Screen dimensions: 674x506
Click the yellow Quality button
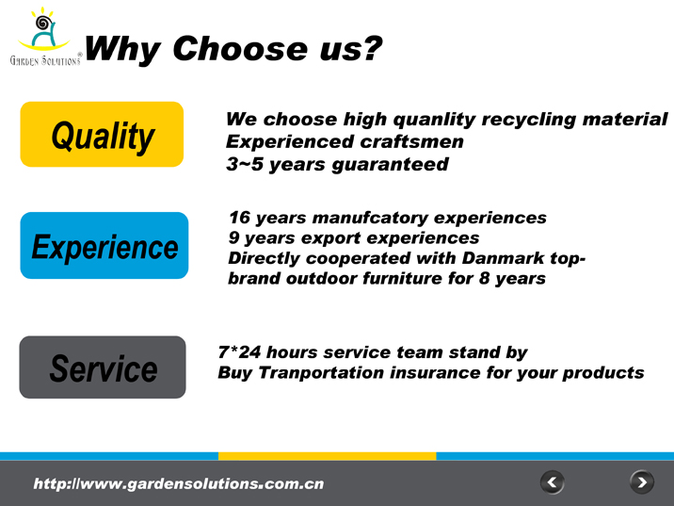point(102,134)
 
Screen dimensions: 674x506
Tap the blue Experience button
point(104,245)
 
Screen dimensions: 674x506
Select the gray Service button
point(103,367)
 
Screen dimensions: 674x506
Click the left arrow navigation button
point(552,482)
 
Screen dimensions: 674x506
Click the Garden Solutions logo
point(45,37)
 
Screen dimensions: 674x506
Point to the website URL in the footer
point(179,483)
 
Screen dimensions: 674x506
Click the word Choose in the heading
point(240,48)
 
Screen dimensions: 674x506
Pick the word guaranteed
point(390,165)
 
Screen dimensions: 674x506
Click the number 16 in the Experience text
point(239,218)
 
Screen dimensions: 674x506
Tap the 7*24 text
point(239,352)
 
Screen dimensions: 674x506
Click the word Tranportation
point(321,372)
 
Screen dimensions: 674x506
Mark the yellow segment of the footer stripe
point(327,456)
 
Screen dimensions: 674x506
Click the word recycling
point(528,120)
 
